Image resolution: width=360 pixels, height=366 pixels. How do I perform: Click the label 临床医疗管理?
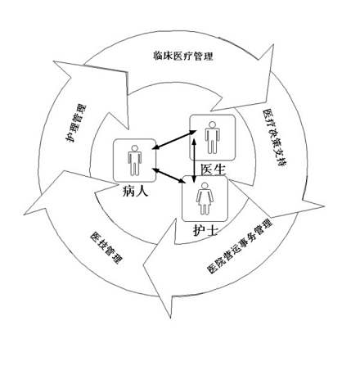182,56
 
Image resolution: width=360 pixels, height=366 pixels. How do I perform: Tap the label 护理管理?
76,123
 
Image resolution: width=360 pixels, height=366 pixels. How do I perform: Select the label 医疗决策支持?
275,138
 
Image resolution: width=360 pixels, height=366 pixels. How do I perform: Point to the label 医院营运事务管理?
240,246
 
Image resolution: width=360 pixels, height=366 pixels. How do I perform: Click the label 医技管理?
106,247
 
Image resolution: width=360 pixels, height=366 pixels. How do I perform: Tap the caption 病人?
135,190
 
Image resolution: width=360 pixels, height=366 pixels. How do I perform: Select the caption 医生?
214,169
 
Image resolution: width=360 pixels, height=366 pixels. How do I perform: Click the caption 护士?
205,230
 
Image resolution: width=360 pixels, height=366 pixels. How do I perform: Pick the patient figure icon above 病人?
134,160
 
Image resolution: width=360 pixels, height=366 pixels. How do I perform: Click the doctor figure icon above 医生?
212,138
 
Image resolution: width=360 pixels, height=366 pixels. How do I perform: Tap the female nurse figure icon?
205,199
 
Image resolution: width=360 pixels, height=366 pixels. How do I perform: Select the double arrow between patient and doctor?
174,140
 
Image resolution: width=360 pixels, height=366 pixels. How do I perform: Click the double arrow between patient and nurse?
169,175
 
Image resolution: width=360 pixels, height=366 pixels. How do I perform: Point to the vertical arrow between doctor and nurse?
194,160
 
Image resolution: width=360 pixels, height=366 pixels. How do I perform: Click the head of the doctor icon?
212,124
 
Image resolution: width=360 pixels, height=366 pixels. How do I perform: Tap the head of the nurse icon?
205,186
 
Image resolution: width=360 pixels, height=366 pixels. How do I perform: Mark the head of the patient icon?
134,148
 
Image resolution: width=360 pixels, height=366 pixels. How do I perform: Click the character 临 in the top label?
157,56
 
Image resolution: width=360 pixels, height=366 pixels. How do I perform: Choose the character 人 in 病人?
142,190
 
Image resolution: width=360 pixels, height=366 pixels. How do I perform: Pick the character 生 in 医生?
220,169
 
